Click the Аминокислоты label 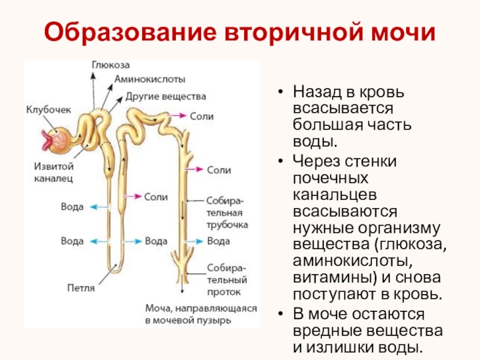coord(150,79)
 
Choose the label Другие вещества coord(166,96)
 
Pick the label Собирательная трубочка coord(227,212)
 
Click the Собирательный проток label coord(227,279)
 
